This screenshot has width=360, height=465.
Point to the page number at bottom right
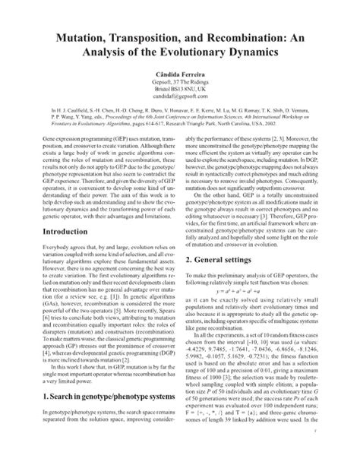pyautogui.click(x=346, y=449)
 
